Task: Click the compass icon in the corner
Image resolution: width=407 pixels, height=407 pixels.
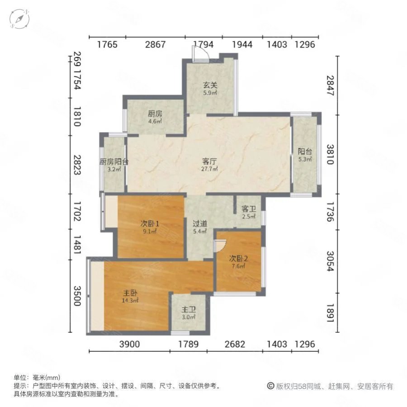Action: [x=19, y=19]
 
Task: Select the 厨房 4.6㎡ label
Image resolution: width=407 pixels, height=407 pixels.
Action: [x=155, y=117]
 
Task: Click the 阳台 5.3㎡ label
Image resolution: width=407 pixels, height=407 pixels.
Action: [x=305, y=155]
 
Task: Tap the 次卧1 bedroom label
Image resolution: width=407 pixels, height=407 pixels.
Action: [x=150, y=227]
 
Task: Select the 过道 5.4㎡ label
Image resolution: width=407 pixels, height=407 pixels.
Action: [x=200, y=227]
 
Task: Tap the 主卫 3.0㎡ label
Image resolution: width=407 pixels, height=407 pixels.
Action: [x=189, y=313]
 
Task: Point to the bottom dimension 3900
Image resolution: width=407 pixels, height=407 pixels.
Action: [x=129, y=344]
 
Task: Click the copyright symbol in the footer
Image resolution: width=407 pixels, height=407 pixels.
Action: [x=271, y=386]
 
